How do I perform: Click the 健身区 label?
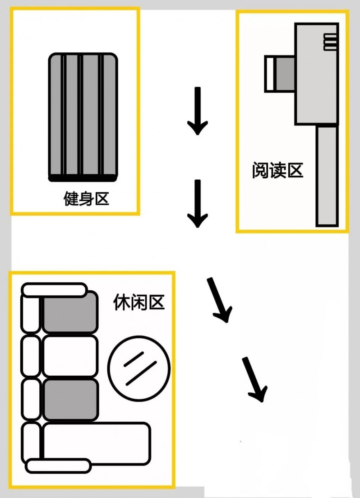pos(87,199)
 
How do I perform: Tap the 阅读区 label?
pos(277,171)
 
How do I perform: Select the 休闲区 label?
pos(138,303)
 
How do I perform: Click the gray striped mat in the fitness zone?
pos(83,115)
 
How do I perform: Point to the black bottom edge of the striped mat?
pos(83,178)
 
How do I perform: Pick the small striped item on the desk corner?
pos(330,42)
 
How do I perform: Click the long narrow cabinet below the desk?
pos(327,176)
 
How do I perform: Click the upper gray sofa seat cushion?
pos(71,312)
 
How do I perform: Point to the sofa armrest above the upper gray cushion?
pos(54,289)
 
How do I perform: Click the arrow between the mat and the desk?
pos(197,112)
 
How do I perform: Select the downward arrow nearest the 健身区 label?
pos(197,204)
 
